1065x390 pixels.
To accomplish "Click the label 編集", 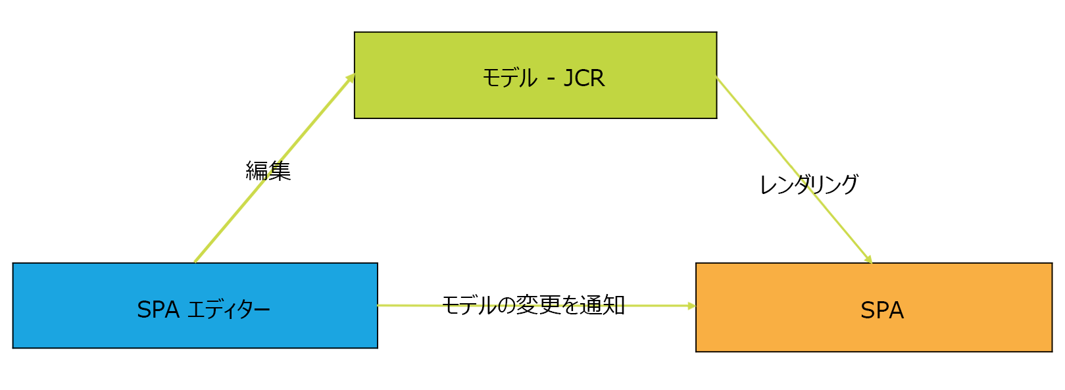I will (x=268, y=171).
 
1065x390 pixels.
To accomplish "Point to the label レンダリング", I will (x=808, y=185).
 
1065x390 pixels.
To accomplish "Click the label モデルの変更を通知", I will (x=533, y=305).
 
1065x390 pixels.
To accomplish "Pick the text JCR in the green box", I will (x=584, y=78).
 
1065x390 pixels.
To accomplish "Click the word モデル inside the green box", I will (x=510, y=78).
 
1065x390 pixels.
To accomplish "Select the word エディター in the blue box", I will (x=229, y=309).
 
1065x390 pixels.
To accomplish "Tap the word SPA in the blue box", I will (x=158, y=309).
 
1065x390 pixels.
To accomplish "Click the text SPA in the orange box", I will (x=882, y=310).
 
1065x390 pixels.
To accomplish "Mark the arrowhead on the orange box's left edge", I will (x=691, y=306).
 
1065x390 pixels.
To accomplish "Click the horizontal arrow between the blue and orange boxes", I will (x=408, y=306).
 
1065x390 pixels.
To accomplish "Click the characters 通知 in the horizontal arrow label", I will (x=602, y=305).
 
